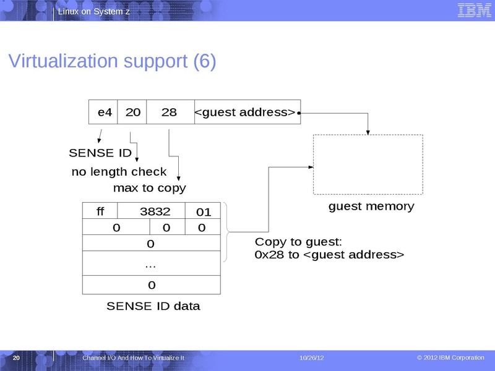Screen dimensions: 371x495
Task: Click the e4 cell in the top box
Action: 103,112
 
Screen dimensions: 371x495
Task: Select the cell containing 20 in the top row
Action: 132,112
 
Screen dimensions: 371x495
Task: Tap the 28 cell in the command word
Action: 170,112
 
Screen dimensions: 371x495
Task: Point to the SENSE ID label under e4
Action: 100,153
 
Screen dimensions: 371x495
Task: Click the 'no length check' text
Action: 119,172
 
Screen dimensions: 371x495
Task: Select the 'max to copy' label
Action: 149,187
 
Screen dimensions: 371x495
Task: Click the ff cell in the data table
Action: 100,211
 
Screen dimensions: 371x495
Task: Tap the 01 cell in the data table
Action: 204,212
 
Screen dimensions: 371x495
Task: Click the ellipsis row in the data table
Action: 151,265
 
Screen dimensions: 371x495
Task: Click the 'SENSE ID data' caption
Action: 153,306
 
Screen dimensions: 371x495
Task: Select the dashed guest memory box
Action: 368,164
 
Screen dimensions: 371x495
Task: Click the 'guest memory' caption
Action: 371,207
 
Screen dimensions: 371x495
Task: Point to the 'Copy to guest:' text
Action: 298,242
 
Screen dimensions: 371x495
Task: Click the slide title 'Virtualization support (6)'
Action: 111,61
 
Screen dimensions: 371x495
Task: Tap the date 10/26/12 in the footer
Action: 312,359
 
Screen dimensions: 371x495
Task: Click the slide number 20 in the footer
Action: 17,359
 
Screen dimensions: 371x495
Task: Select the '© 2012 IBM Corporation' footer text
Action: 450,358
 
